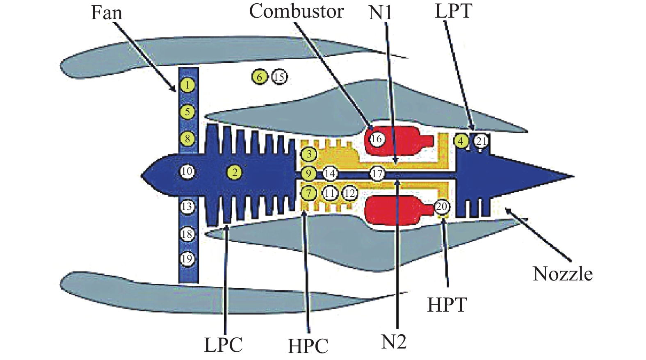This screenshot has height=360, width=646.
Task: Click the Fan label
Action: [x=106, y=13]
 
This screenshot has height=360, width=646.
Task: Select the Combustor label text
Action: [x=296, y=11]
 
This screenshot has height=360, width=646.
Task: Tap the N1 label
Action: [x=380, y=13]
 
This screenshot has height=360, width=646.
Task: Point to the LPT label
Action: [x=453, y=11]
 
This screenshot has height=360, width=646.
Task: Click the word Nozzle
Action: [x=563, y=273]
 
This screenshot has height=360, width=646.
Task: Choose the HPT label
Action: [x=447, y=305]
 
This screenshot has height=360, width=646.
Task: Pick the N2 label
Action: [x=394, y=342]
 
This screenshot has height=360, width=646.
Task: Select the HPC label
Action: [x=308, y=346]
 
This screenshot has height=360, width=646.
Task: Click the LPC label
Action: [x=224, y=345]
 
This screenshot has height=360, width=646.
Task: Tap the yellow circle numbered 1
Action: [x=187, y=85]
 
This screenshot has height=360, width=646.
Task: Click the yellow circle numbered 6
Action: [x=260, y=77]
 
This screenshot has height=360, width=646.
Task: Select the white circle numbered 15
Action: [x=279, y=77]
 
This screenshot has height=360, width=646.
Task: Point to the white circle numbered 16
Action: [x=377, y=139]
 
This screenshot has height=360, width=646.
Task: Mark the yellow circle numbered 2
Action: [x=235, y=172]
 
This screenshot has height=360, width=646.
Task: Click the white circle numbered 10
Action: [x=187, y=171]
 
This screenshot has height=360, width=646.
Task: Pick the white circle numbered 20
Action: [x=442, y=206]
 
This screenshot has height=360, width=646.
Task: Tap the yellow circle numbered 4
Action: [x=461, y=141]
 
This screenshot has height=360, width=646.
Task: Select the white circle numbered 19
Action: [x=187, y=259]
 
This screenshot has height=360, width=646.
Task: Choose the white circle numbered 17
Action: [x=377, y=173]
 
